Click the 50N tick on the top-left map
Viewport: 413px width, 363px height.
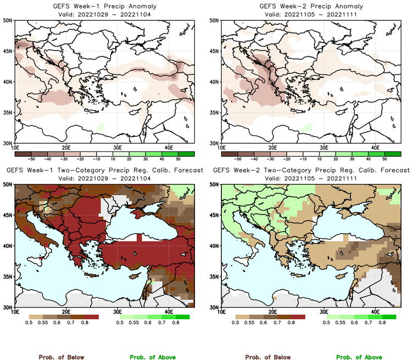pyautogui.click(x=9, y=20)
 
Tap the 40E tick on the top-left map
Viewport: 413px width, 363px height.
pyautogui.click(x=169, y=147)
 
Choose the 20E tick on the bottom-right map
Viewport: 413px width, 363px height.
pyautogui.click(x=272, y=311)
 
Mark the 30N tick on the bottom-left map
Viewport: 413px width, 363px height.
pyautogui.click(x=9, y=307)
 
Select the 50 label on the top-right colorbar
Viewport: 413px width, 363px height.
pyautogui.click(x=384, y=158)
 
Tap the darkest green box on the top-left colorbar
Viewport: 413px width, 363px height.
pyautogui.click(x=186, y=153)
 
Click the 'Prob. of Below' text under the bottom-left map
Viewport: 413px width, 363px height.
pyautogui.click(x=61, y=357)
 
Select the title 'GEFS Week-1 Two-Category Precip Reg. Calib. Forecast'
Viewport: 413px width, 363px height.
pyautogui.click(x=103, y=171)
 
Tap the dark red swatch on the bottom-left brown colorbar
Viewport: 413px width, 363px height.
pyautogui.click(x=91, y=317)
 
